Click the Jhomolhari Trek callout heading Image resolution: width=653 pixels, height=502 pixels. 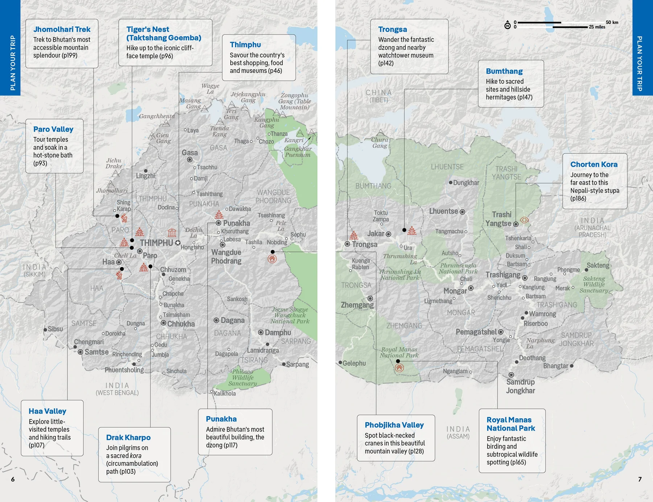62,29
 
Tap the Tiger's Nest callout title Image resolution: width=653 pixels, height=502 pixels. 163,33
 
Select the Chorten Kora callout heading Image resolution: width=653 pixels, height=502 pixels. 594,164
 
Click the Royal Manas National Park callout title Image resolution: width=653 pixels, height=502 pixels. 510,424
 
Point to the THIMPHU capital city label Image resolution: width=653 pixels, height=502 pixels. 156,243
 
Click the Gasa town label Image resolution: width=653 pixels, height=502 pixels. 190,153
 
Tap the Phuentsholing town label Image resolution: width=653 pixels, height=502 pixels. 124,370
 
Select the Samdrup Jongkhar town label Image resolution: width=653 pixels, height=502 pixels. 520,386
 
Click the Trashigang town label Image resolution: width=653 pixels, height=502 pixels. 503,275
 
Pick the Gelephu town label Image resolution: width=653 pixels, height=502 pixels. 354,363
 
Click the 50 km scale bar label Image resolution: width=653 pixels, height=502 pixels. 612,22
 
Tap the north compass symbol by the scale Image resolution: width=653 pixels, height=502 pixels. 508,25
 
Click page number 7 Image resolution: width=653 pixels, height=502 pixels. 640,479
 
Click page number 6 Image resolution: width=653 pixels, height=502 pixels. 13,479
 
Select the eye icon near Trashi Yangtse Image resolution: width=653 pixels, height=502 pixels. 524,220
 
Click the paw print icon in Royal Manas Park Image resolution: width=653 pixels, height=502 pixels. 399,368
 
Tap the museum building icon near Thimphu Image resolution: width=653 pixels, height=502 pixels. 172,232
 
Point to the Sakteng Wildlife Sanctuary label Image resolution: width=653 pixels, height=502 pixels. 594,285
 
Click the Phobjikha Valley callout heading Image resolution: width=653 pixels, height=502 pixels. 394,425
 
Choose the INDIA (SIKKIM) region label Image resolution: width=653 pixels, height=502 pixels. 35,270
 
